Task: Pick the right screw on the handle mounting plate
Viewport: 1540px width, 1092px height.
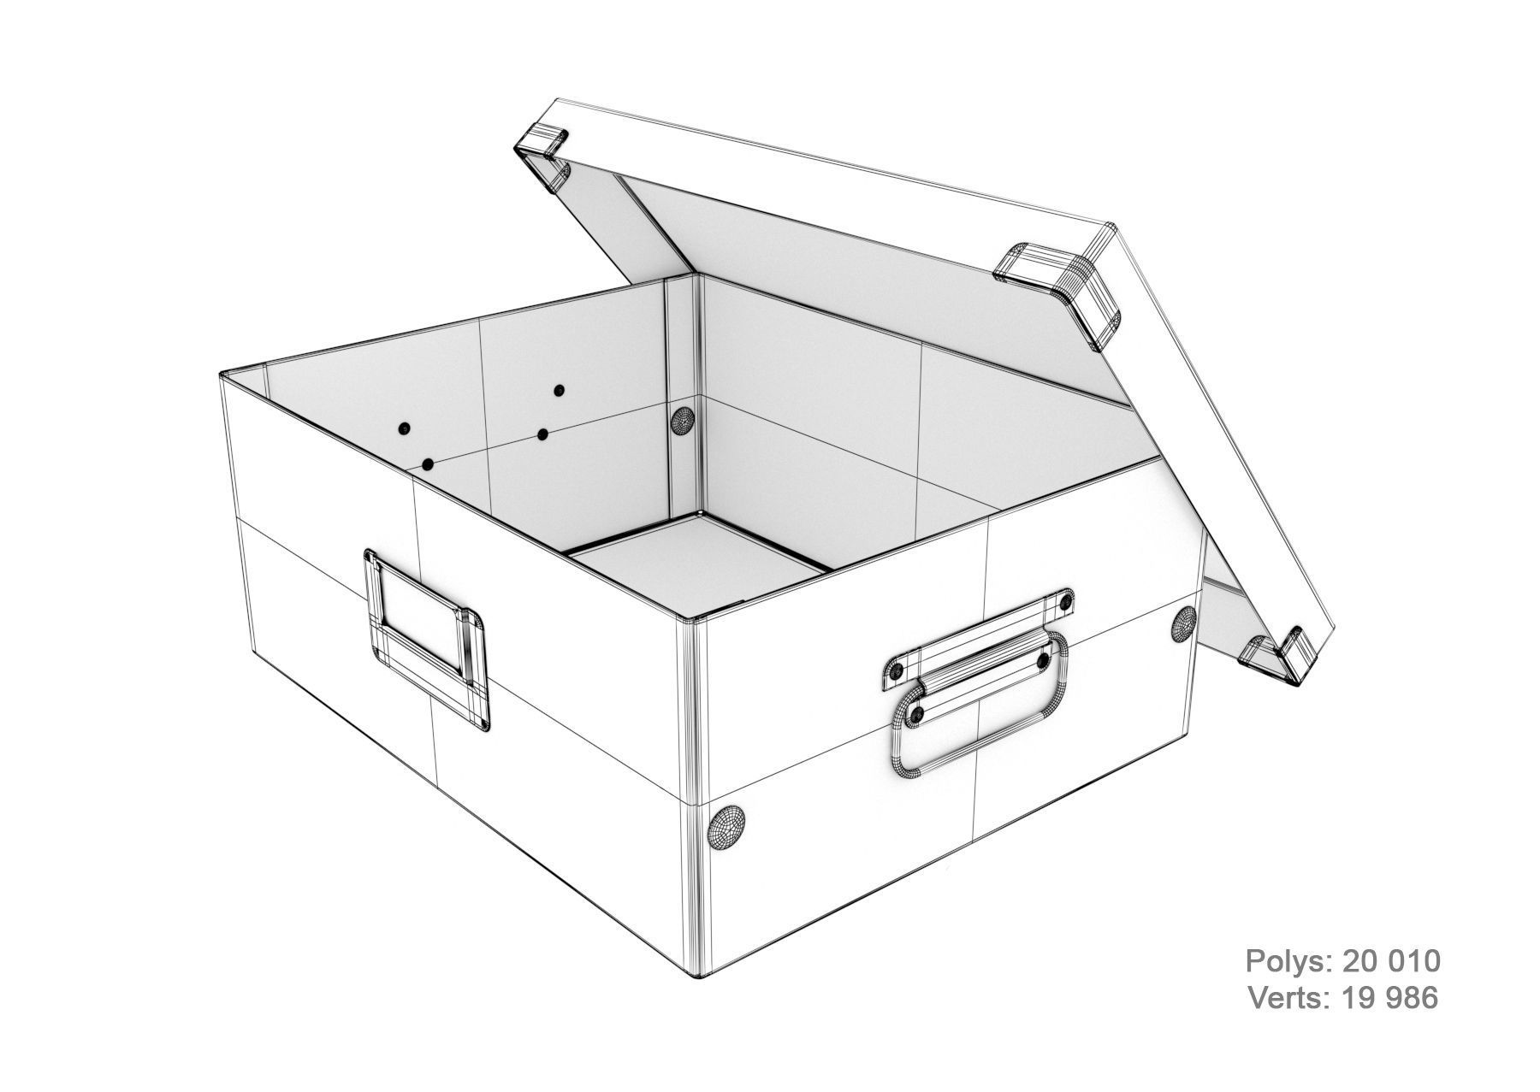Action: [x=1064, y=604]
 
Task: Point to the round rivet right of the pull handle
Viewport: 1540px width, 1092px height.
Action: [x=1184, y=623]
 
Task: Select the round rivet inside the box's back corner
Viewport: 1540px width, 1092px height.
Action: [x=682, y=421]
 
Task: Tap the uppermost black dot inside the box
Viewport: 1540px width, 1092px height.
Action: [x=559, y=391]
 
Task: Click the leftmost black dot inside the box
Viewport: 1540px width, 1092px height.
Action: [x=404, y=428]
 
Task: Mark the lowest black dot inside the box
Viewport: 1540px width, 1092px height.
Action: [x=428, y=464]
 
